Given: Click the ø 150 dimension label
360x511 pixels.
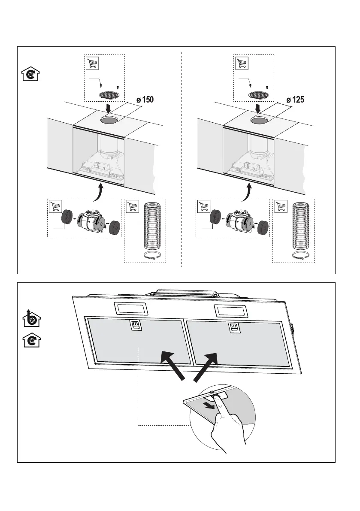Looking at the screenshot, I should (x=144, y=100).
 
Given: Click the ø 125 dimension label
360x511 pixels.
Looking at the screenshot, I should (x=294, y=100).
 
